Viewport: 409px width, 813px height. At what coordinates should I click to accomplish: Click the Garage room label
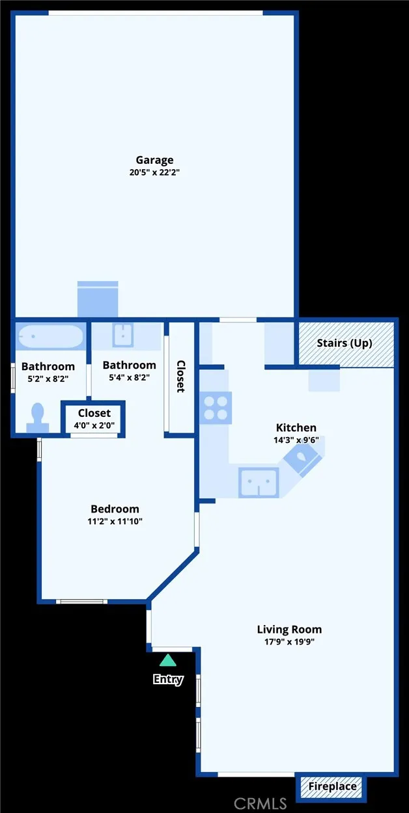[154, 159]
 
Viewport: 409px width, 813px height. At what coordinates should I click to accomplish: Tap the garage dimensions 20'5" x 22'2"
[154, 172]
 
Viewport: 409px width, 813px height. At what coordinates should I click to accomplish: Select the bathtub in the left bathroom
[50, 337]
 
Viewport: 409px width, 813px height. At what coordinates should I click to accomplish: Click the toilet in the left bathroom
[38, 416]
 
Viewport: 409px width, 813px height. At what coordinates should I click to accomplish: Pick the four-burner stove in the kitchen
[216, 408]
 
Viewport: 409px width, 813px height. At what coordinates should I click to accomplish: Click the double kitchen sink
[259, 482]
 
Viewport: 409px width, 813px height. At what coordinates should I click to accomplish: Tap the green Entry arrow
[168, 661]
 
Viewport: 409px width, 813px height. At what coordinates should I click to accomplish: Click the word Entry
[168, 680]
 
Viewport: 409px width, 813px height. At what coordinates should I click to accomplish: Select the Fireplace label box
[332, 786]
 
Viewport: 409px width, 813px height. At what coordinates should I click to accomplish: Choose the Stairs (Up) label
[345, 343]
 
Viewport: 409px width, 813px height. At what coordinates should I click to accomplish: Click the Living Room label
[289, 629]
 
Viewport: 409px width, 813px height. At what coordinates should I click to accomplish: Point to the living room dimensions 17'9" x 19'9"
[289, 641]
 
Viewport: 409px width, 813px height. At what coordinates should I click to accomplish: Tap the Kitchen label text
[296, 427]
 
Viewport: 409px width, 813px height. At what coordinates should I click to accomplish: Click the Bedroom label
[115, 509]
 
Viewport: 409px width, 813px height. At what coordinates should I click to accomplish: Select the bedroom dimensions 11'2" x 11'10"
[115, 521]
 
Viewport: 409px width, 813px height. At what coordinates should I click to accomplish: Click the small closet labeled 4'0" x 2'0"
[94, 418]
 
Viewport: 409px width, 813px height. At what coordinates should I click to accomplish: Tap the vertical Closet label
[180, 377]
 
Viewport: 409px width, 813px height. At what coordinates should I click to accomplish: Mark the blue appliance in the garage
[98, 299]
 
